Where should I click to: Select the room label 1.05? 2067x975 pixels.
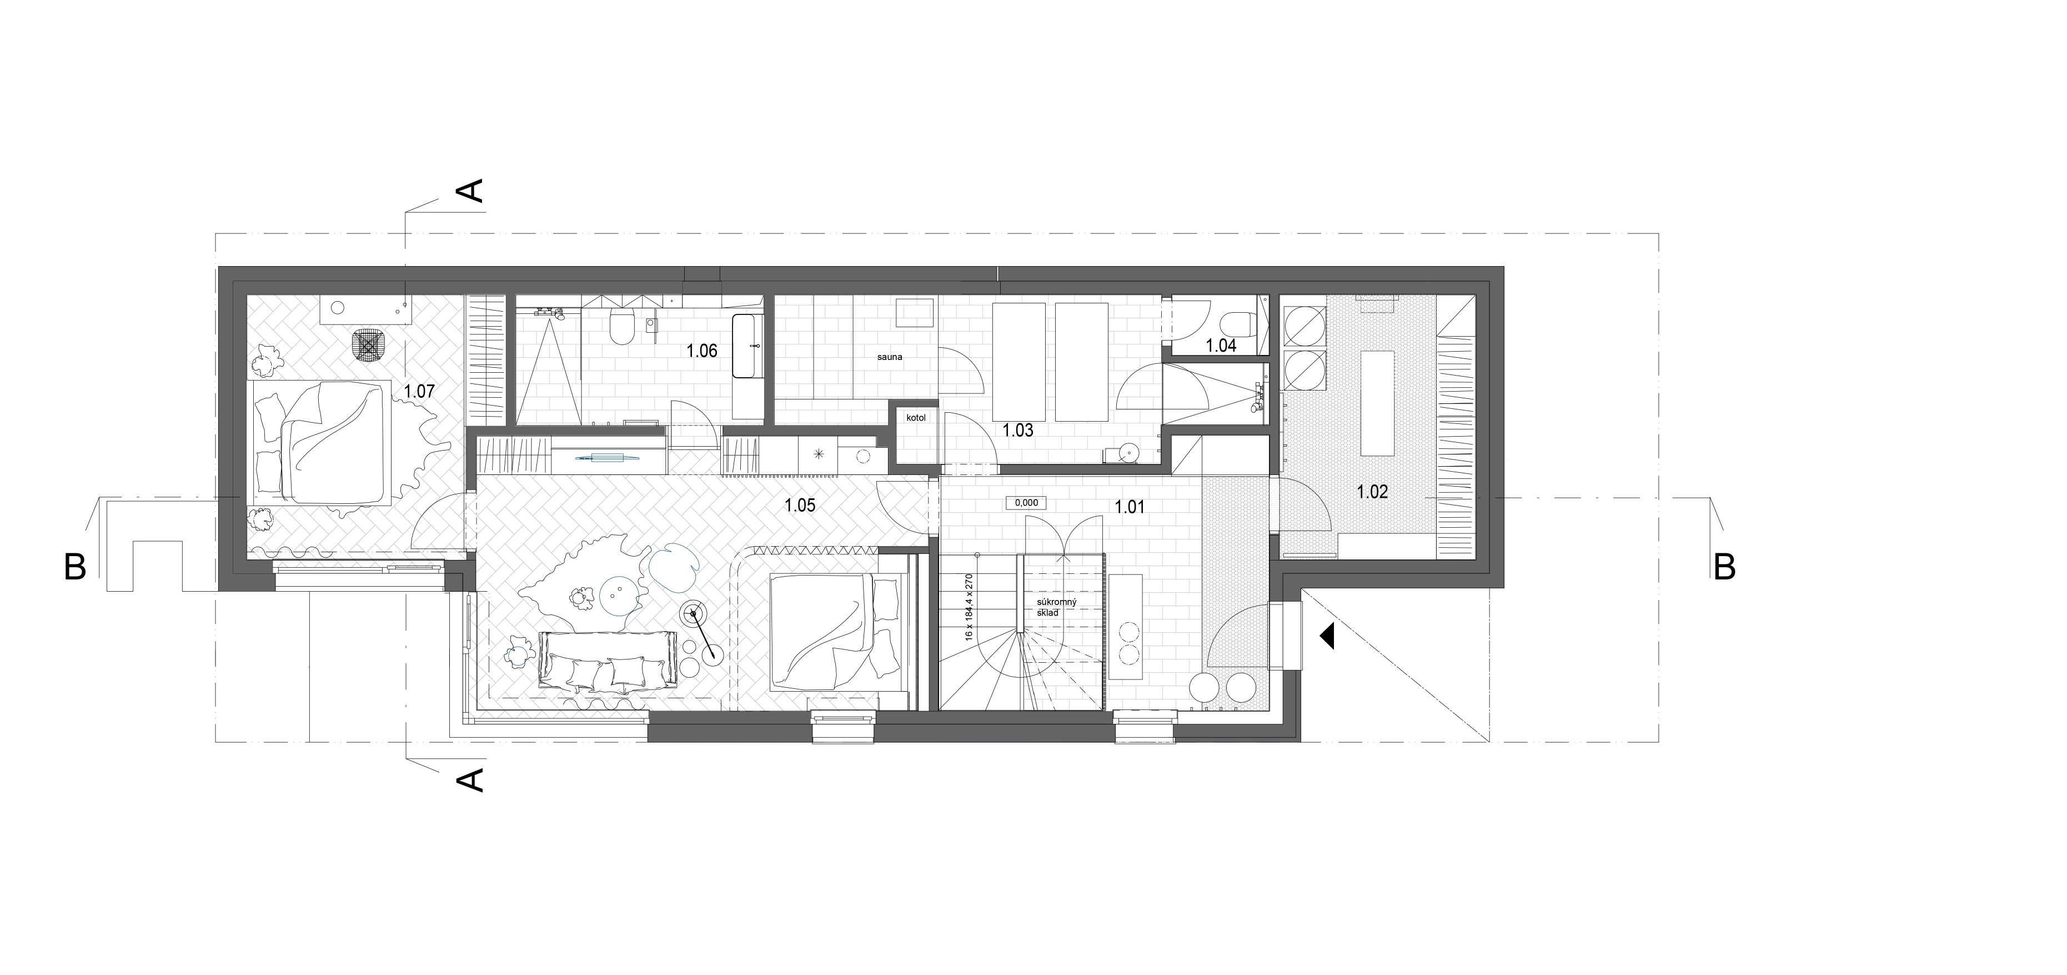click(x=800, y=506)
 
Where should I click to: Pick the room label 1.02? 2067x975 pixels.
click(x=1372, y=492)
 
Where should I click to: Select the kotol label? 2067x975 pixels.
click(x=916, y=418)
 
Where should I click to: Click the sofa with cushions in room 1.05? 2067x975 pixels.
click(x=605, y=661)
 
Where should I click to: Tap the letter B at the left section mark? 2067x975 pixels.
click(x=74, y=568)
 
